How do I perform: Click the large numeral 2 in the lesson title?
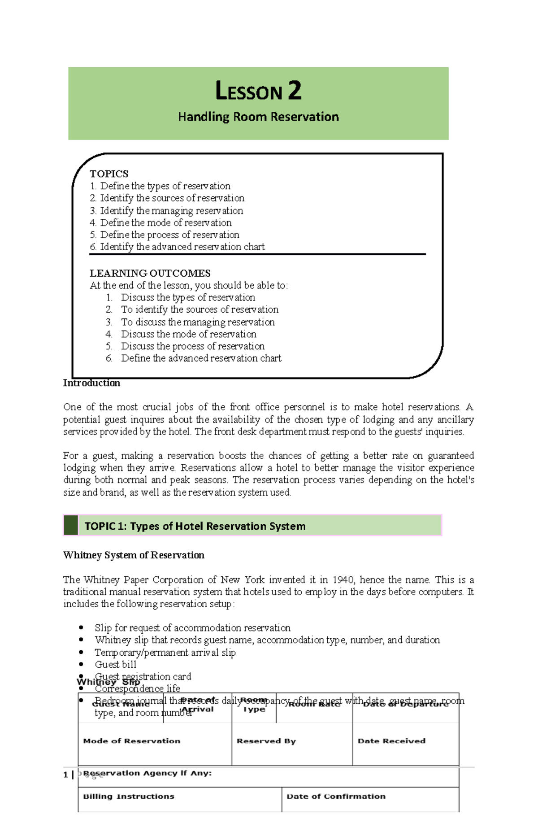295,91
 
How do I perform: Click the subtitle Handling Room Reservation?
258,117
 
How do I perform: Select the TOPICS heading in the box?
109,174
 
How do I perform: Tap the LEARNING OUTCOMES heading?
150,273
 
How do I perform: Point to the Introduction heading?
91,383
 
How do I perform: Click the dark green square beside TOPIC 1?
71,525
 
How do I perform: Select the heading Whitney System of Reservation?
134,555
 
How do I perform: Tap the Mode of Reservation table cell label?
132,741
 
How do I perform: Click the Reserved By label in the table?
266,741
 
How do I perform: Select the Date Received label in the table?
391,741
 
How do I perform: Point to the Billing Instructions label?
129,796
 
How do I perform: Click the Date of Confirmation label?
336,796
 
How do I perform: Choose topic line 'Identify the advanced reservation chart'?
182,247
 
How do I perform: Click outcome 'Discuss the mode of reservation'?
188,334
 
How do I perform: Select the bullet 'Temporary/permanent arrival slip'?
165,653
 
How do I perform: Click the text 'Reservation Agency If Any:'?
148,773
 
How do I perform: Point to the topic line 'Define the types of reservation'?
165,186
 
